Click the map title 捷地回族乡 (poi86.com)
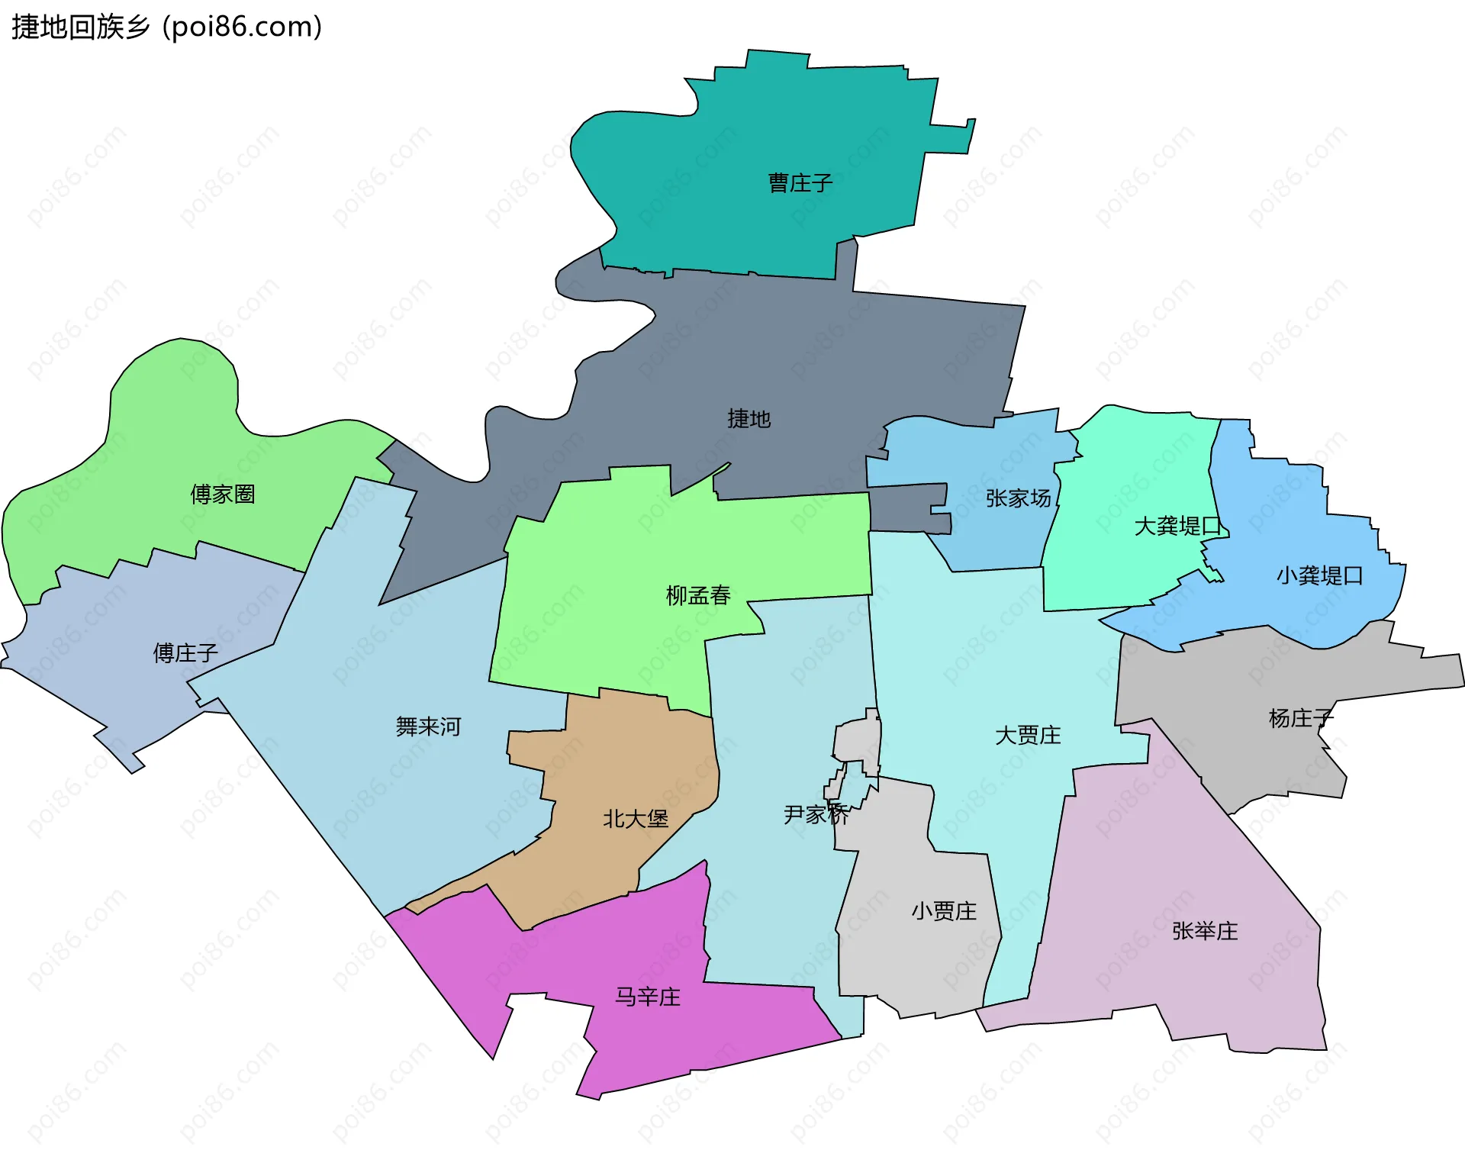click(166, 27)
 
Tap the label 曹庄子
click(800, 183)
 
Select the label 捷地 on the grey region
click(749, 419)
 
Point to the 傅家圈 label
click(222, 494)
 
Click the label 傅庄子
click(185, 653)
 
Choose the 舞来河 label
click(428, 726)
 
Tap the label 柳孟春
click(698, 595)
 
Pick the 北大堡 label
click(636, 819)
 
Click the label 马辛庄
click(648, 997)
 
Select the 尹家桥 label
click(816, 815)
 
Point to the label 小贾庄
click(944, 911)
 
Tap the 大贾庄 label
click(1028, 736)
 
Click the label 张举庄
click(1205, 931)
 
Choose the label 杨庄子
click(1301, 718)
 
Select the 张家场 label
click(1018, 498)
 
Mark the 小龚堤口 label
click(1319, 575)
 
